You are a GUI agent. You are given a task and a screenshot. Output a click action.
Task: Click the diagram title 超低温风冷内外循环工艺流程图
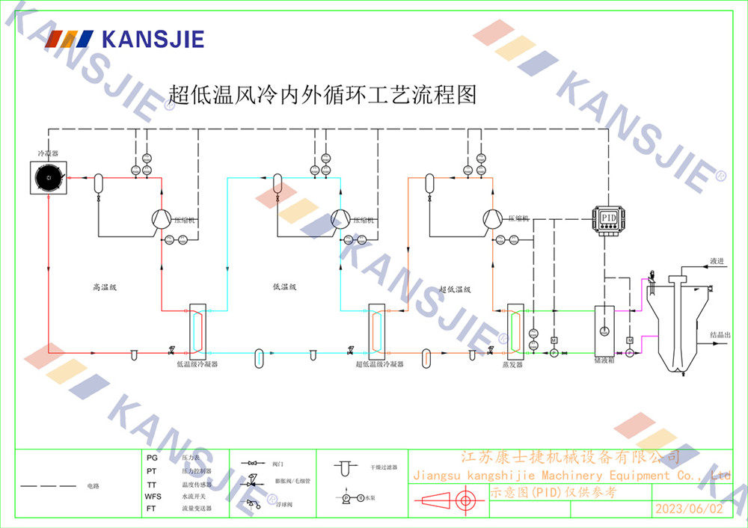click(322, 94)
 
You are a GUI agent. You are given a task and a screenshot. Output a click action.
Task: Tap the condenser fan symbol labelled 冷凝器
click(48, 177)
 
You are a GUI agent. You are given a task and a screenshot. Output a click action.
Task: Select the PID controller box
click(609, 218)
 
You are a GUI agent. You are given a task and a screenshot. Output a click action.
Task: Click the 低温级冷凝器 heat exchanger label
click(197, 364)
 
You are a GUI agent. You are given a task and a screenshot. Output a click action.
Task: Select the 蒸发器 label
click(512, 364)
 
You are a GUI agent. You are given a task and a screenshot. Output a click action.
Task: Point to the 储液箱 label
click(604, 360)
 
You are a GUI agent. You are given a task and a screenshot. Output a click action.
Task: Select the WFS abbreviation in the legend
click(153, 497)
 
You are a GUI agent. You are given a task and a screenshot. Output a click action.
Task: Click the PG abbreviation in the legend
click(152, 457)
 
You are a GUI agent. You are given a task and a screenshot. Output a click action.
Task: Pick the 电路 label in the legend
click(93, 486)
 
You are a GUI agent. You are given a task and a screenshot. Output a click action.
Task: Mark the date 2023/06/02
click(689, 509)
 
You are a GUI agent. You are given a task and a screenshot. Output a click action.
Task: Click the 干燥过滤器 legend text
click(384, 467)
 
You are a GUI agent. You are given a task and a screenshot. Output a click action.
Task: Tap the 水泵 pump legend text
click(371, 497)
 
